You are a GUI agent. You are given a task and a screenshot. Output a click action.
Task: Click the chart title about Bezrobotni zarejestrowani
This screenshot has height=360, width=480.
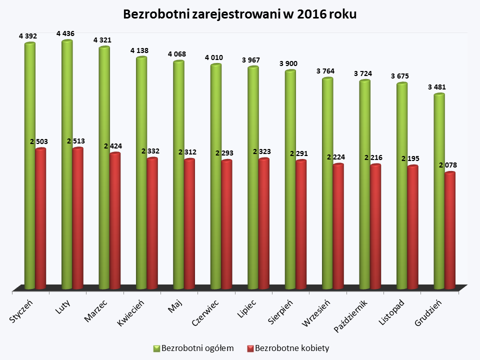point(239,14)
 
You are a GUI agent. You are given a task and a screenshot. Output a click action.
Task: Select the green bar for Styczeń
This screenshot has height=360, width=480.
point(30,165)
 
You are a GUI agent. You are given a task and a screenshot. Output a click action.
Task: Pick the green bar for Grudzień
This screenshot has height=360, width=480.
point(439,190)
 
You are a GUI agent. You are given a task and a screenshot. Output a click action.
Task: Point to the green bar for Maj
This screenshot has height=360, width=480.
point(178,175)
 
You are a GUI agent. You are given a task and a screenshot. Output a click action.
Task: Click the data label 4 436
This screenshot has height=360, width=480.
point(65,33)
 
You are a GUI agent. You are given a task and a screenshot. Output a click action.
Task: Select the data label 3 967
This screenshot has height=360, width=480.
point(251,60)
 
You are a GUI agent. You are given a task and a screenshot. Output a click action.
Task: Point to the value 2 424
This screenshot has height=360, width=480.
point(113,146)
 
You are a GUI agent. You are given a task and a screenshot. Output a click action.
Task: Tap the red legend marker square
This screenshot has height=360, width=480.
point(250,348)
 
